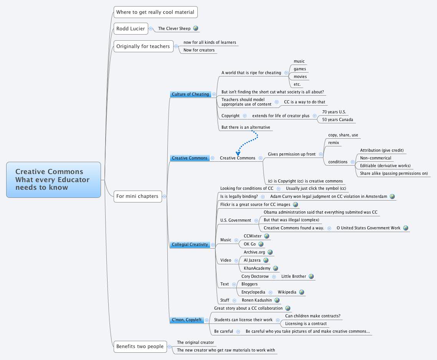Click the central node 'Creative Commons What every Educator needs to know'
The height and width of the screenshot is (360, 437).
[53, 179]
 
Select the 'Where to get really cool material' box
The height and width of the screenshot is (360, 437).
[155, 12]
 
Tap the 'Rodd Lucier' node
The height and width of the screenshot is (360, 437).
[131, 28]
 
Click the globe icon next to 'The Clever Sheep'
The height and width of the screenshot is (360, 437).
[195, 28]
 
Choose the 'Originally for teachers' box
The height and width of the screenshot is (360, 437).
[143, 46]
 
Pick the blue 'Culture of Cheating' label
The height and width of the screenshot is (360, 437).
[190, 94]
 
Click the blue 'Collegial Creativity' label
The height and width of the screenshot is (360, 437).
[190, 244]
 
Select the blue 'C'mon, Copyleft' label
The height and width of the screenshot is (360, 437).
[187, 320]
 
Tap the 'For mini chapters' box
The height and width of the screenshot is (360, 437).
[137, 196]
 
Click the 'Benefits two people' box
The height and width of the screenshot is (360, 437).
[140, 346]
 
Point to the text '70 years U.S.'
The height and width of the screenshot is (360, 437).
[334, 112]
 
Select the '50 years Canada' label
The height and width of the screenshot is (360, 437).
[337, 119]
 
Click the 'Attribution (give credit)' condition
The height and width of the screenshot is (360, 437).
[382, 150]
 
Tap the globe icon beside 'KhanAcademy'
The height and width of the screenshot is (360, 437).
[275, 268]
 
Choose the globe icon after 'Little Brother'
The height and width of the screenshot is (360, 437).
[311, 276]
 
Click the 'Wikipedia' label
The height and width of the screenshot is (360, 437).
[287, 292]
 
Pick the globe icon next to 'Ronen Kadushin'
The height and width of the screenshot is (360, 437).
[277, 300]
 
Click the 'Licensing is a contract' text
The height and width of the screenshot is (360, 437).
[306, 324]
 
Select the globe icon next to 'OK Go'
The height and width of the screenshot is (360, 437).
[261, 244]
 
